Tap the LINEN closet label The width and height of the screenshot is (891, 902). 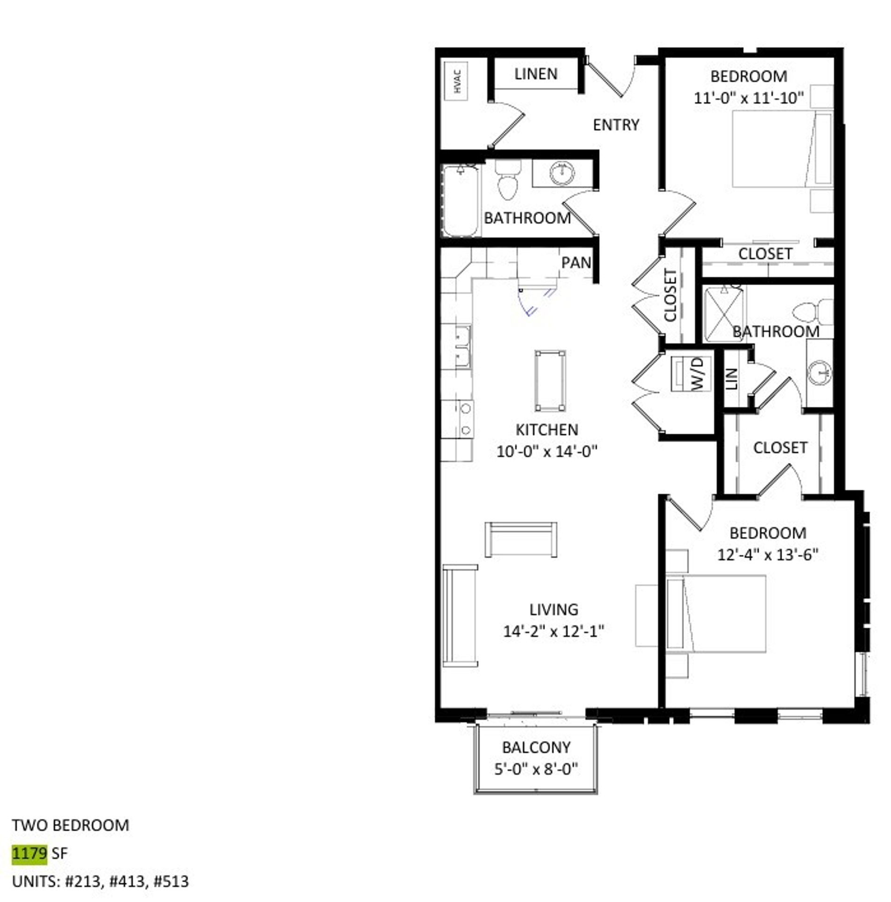click(x=536, y=74)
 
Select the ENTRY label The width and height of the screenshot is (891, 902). click(x=615, y=125)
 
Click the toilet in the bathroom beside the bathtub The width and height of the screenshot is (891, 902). click(x=508, y=180)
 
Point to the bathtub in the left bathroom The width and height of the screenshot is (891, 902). click(x=461, y=201)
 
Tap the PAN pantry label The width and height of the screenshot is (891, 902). click(x=576, y=263)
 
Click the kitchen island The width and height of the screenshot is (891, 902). click(x=550, y=381)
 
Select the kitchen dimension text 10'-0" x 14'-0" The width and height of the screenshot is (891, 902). click(x=546, y=452)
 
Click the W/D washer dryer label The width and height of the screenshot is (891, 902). click(x=698, y=373)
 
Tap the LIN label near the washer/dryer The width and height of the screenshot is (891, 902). click(x=732, y=379)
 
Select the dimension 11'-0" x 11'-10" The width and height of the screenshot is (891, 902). click(x=748, y=99)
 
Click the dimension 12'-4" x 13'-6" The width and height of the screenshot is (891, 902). click(x=768, y=555)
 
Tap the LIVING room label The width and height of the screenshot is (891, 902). click(x=553, y=610)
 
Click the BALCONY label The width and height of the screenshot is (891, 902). click(x=536, y=747)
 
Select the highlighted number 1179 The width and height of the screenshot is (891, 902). click(x=29, y=853)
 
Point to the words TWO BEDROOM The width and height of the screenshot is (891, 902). click(x=70, y=825)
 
